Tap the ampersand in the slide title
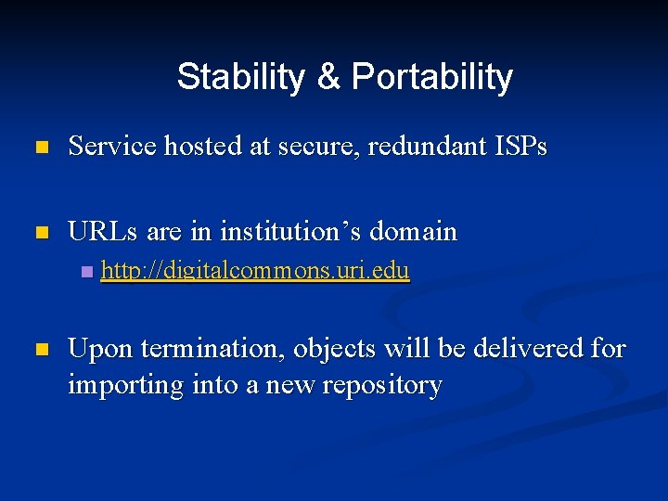tap(328, 77)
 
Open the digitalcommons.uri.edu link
tap(255, 272)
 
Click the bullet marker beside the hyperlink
tap(86, 272)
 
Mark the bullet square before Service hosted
tap(40, 148)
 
